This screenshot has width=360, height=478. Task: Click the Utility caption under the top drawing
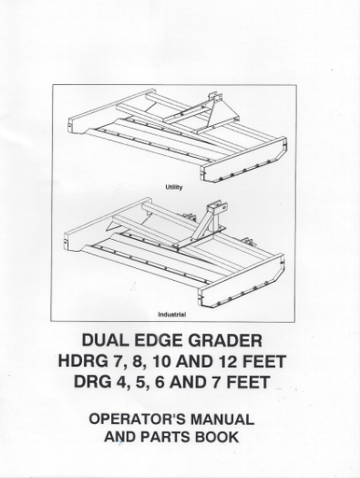point(174,188)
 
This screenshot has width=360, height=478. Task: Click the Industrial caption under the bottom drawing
point(172,315)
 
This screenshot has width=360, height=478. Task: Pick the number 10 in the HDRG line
point(160,361)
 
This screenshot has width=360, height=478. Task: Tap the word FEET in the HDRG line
point(263,361)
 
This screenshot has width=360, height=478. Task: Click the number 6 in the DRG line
point(159,382)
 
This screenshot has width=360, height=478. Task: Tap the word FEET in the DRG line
point(247,382)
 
